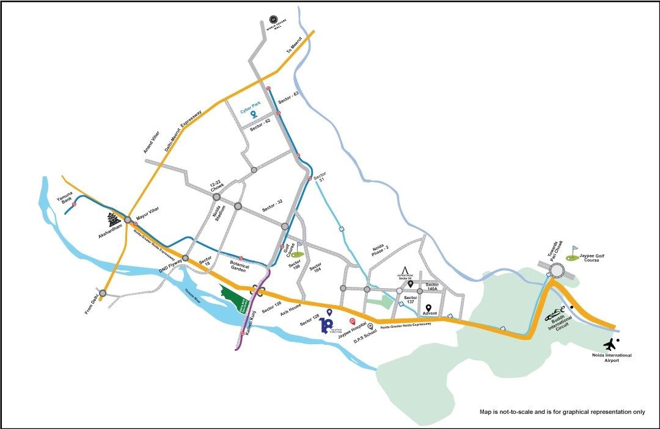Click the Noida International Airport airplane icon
pyautogui.click(x=611, y=344)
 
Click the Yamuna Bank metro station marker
pyautogui.click(x=74, y=204)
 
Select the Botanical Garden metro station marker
pyautogui.click(x=242, y=258)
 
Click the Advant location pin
pyautogui.click(x=428, y=308)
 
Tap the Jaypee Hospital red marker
pyautogui.click(x=352, y=321)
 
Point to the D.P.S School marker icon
pyautogui.click(x=370, y=326)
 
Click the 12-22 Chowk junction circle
pyautogui.click(x=216, y=196)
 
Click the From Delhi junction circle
pyautogui.click(x=103, y=293)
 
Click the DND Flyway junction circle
pyautogui.click(x=185, y=258)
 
